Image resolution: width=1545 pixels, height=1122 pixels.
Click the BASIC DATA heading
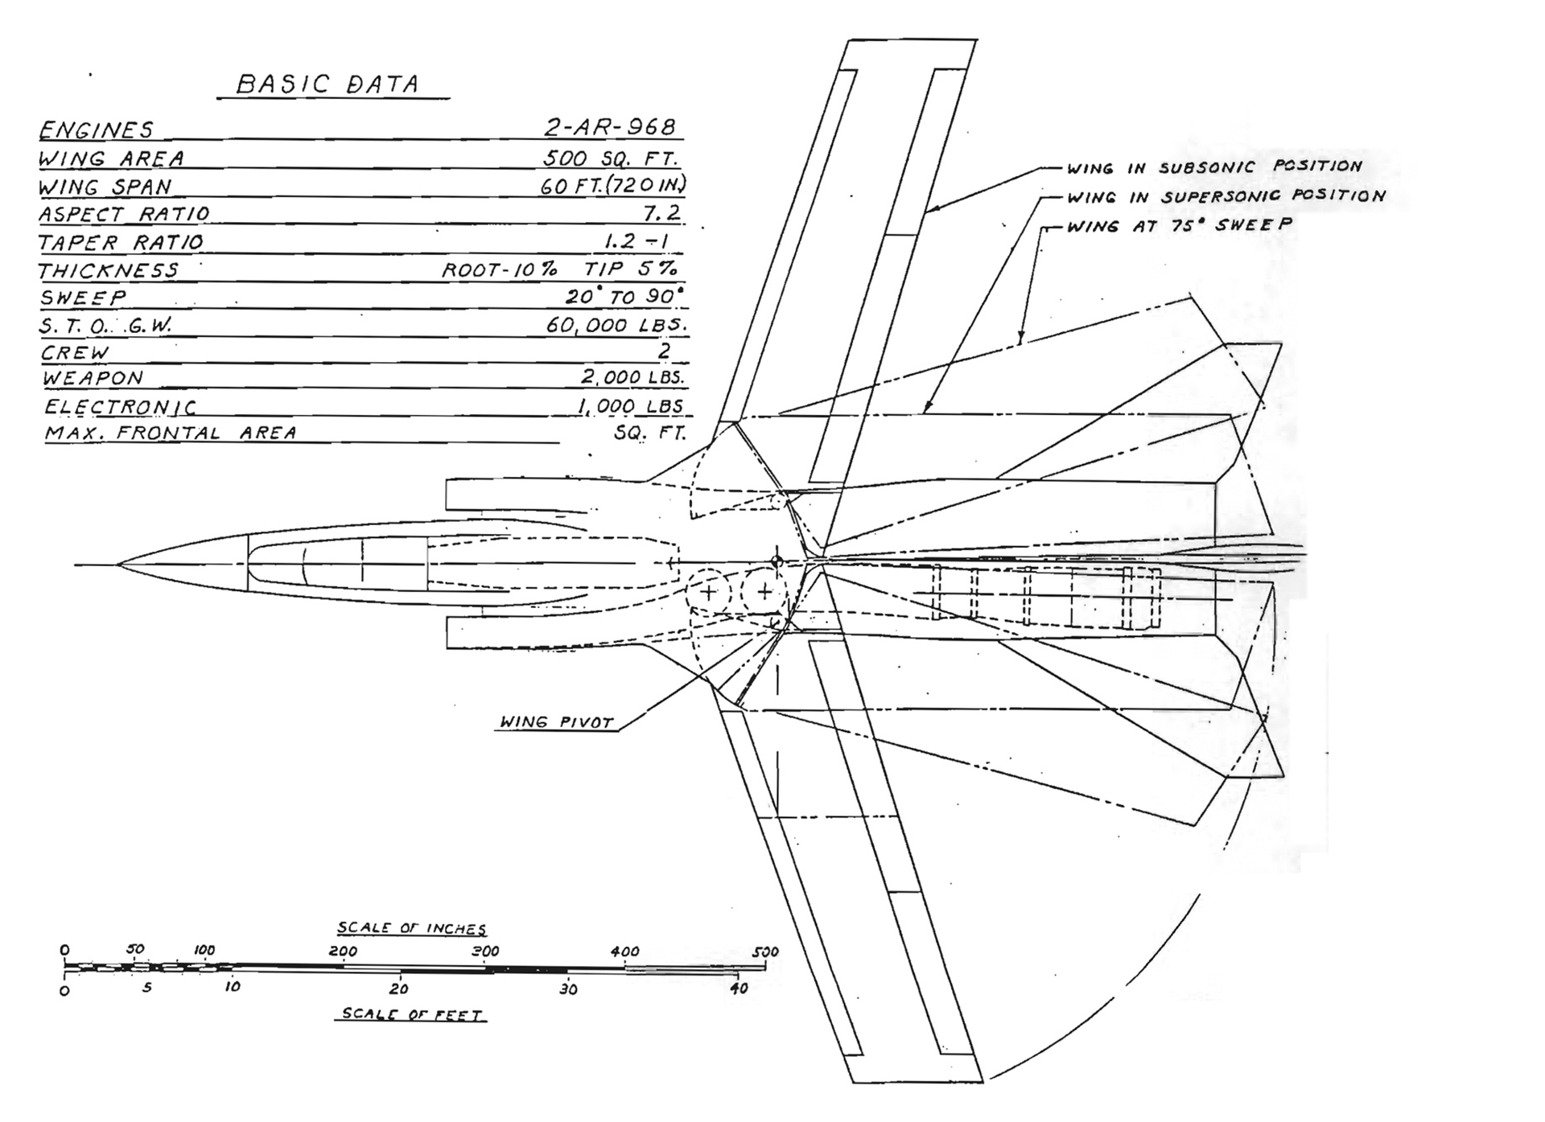tap(328, 84)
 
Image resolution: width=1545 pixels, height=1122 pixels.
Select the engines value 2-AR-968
tap(610, 127)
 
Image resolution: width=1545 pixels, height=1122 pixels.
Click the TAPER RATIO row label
tap(121, 242)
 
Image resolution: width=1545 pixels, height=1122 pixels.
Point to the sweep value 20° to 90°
tap(624, 296)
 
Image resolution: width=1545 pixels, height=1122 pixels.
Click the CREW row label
tap(75, 353)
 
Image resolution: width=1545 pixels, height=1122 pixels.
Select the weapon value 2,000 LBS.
tap(633, 377)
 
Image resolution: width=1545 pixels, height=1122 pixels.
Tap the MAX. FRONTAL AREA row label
tap(171, 433)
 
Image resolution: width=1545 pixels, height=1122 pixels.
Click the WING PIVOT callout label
tap(557, 721)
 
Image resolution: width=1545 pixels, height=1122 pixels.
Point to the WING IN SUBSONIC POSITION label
tap(1214, 167)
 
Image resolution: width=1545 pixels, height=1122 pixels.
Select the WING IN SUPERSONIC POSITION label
tap(1226, 196)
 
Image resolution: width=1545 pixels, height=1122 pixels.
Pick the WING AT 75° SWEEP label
tap(1180, 226)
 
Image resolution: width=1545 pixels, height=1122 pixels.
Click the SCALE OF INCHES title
tap(411, 928)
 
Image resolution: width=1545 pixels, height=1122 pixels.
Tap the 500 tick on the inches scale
tap(765, 953)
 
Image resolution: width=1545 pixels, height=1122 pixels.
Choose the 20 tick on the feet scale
tap(399, 988)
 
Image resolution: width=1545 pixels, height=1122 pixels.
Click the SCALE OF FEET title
tap(411, 1014)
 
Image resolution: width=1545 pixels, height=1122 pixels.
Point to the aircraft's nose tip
tap(118, 565)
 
